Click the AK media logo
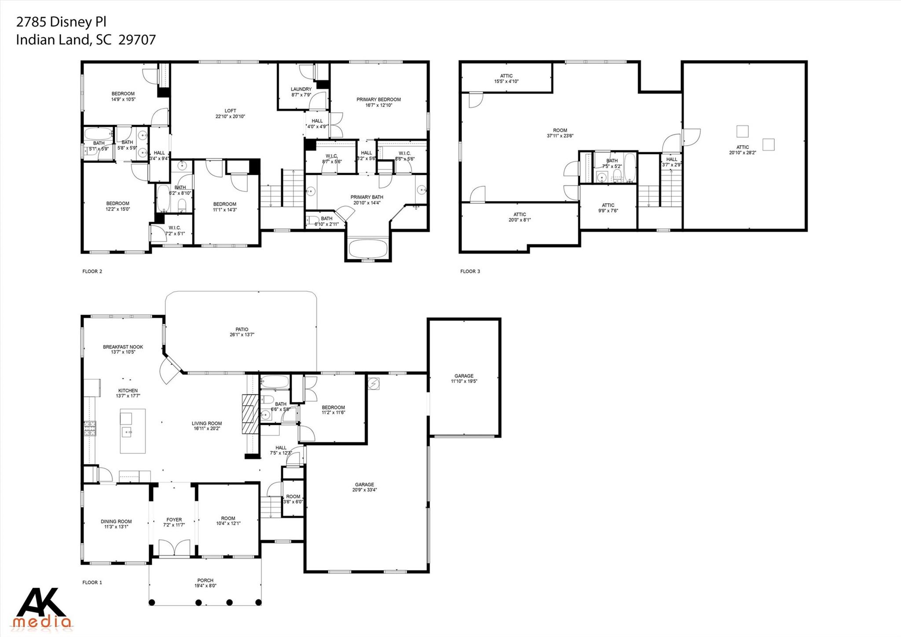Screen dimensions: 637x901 click(43, 608)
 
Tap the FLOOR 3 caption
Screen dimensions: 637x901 click(470, 271)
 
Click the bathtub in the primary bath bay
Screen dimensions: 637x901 click(368, 249)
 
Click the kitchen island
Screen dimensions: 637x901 click(133, 431)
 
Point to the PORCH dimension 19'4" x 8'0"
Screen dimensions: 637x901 click(205, 586)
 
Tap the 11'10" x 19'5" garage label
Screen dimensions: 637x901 click(464, 381)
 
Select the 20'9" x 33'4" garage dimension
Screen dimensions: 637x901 click(364, 490)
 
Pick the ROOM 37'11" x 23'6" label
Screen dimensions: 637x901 click(560, 133)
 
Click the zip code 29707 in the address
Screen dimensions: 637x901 click(137, 40)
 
